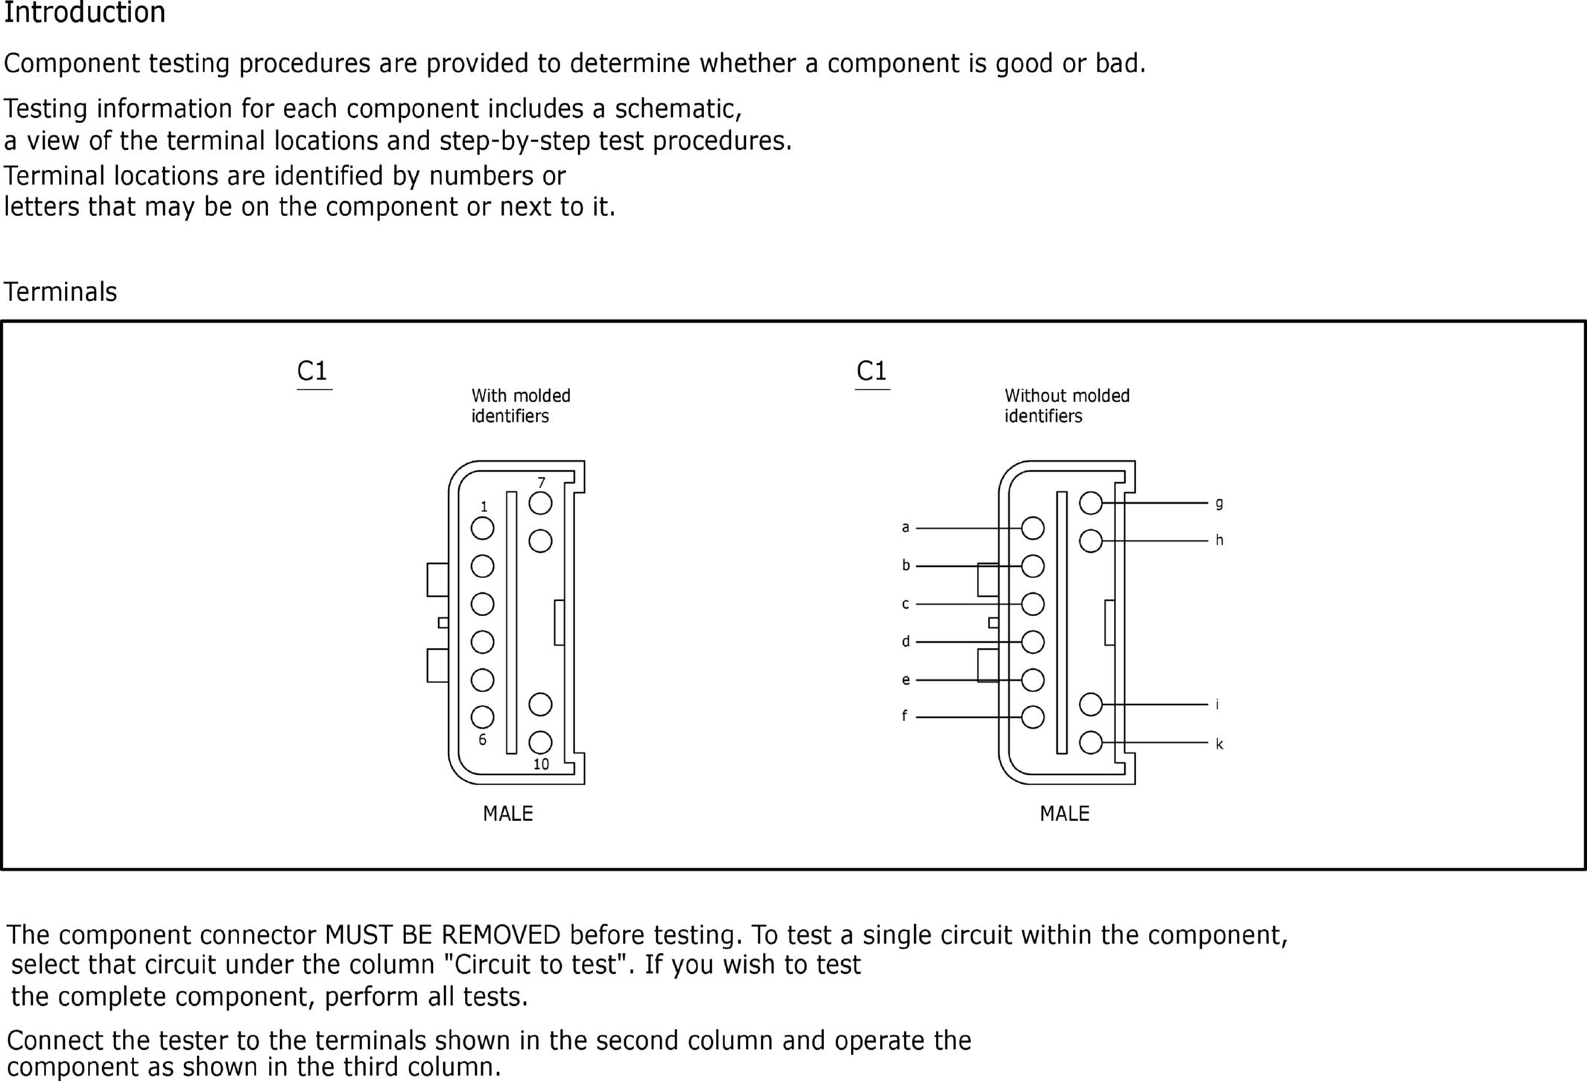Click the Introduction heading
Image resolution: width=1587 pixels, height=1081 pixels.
click(84, 13)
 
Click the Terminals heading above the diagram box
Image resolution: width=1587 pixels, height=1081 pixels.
click(60, 292)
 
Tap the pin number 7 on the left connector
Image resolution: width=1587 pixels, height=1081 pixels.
click(542, 483)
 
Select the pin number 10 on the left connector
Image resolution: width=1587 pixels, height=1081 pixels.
click(541, 764)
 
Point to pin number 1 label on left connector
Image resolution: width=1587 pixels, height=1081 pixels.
click(484, 507)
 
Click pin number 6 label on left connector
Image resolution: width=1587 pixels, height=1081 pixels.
click(483, 740)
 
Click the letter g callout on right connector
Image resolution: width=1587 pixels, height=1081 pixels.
click(1219, 503)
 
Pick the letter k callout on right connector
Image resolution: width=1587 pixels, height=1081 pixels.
click(1219, 744)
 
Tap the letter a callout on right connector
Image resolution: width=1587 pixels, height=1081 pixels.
click(905, 527)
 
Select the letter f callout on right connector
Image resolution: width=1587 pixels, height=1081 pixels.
click(905, 716)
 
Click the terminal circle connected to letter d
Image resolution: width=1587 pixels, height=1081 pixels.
click(1033, 641)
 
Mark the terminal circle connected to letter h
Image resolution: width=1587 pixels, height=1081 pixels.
click(1091, 541)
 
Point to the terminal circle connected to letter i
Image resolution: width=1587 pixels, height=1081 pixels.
click(1091, 704)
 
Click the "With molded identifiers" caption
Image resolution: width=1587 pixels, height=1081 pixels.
click(520, 406)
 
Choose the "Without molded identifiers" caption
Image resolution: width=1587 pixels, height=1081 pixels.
click(1066, 406)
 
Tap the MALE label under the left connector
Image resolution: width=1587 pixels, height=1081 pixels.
click(507, 814)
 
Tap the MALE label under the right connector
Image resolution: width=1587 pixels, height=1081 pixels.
click(1064, 814)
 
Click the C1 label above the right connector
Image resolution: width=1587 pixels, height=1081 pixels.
click(872, 371)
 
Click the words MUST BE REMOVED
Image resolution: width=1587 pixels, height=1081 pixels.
click(443, 935)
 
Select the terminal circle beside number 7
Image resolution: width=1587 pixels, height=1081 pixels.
click(540, 504)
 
